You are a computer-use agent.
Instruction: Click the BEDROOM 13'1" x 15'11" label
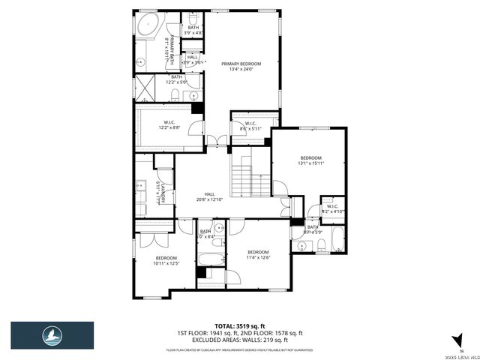click(309, 160)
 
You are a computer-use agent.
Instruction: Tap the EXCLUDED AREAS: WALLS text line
click(239, 340)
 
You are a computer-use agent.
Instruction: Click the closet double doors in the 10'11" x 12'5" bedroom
click(153, 239)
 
